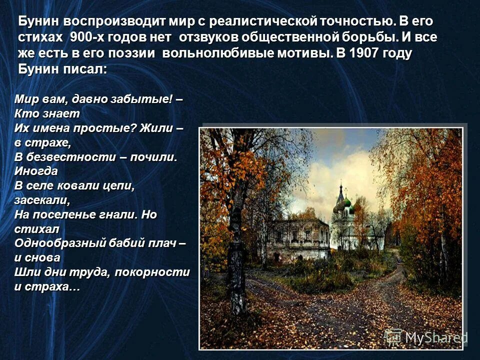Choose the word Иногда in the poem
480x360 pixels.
coord(36,170)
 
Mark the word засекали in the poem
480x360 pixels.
coord(41,200)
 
